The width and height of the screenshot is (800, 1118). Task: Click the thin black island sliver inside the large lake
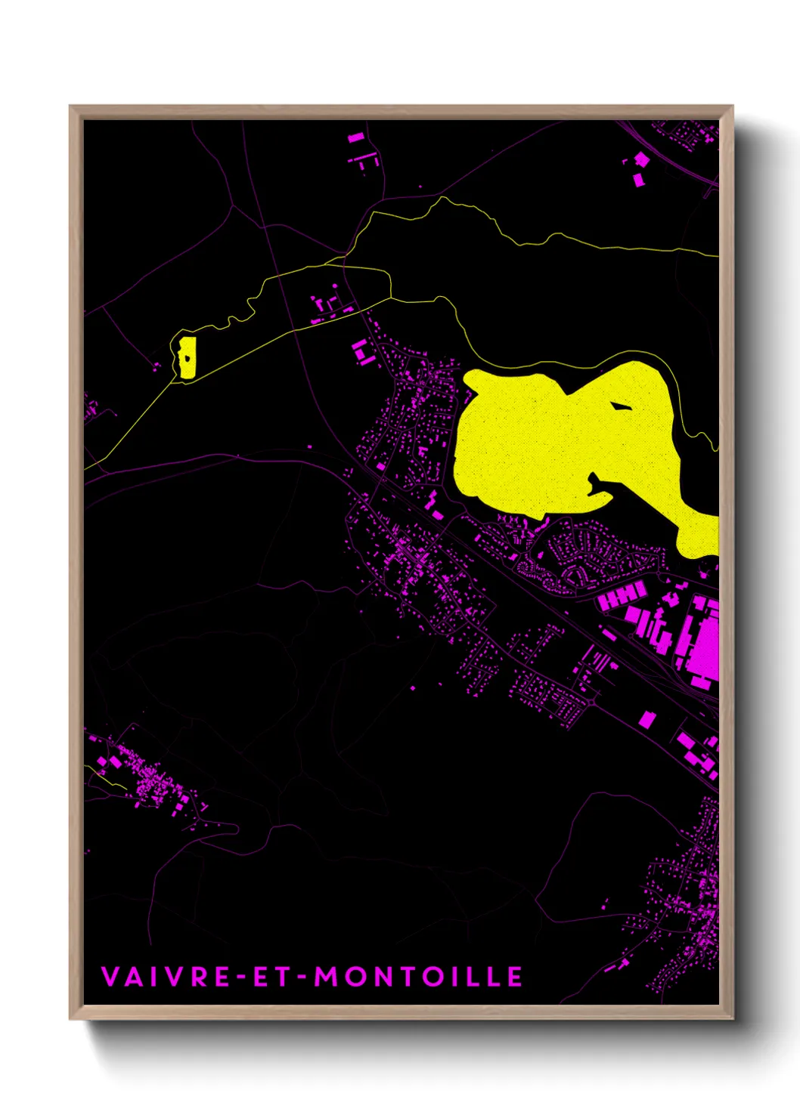[x=622, y=407]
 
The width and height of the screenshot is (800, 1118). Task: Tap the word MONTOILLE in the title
[x=418, y=976]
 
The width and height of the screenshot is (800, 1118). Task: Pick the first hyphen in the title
[x=242, y=977]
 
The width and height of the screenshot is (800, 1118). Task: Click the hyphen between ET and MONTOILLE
[x=301, y=977]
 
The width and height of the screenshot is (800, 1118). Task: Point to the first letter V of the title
[x=110, y=976]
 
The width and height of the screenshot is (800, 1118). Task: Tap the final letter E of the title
[x=514, y=976]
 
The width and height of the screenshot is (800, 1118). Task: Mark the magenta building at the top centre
[x=356, y=138]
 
